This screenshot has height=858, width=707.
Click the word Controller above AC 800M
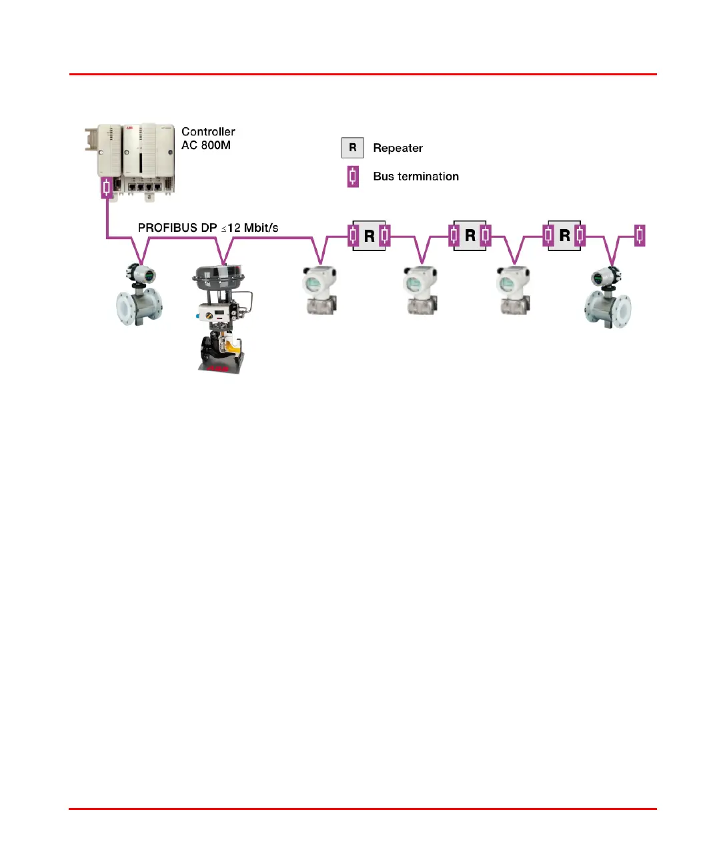[208, 132]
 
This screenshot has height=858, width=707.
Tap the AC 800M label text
[206, 145]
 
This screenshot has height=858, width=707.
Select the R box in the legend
[352, 148]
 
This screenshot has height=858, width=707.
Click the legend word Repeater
[398, 148]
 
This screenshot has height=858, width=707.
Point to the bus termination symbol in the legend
[353, 177]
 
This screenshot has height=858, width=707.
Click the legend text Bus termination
[416, 177]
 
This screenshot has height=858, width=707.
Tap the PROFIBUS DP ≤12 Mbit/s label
[208, 228]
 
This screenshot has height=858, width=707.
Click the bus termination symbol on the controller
[107, 187]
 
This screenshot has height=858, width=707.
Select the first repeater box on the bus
[369, 236]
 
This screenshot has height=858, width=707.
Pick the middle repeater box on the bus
[470, 236]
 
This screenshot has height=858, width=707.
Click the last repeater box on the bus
[564, 236]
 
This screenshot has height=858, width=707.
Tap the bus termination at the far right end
[640, 235]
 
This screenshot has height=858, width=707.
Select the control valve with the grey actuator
[222, 316]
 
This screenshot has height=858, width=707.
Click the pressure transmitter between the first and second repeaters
[421, 290]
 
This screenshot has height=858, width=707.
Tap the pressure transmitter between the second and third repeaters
[514, 290]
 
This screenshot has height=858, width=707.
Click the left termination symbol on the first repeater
[353, 235]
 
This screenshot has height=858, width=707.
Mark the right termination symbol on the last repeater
[580, 235]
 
